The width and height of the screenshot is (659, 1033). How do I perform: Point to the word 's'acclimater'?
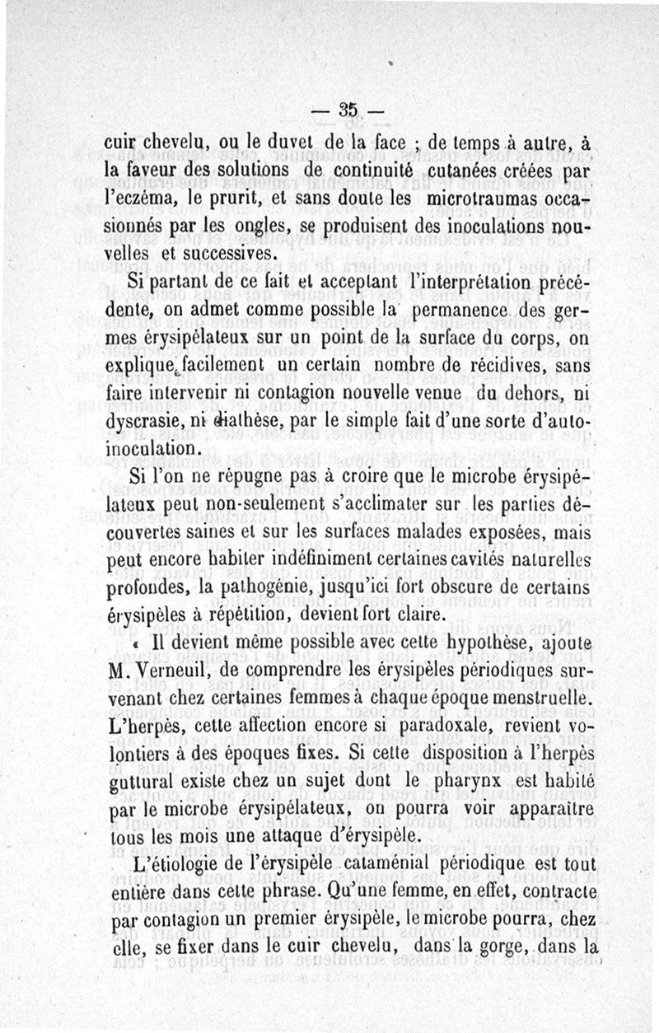coord(386,507)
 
